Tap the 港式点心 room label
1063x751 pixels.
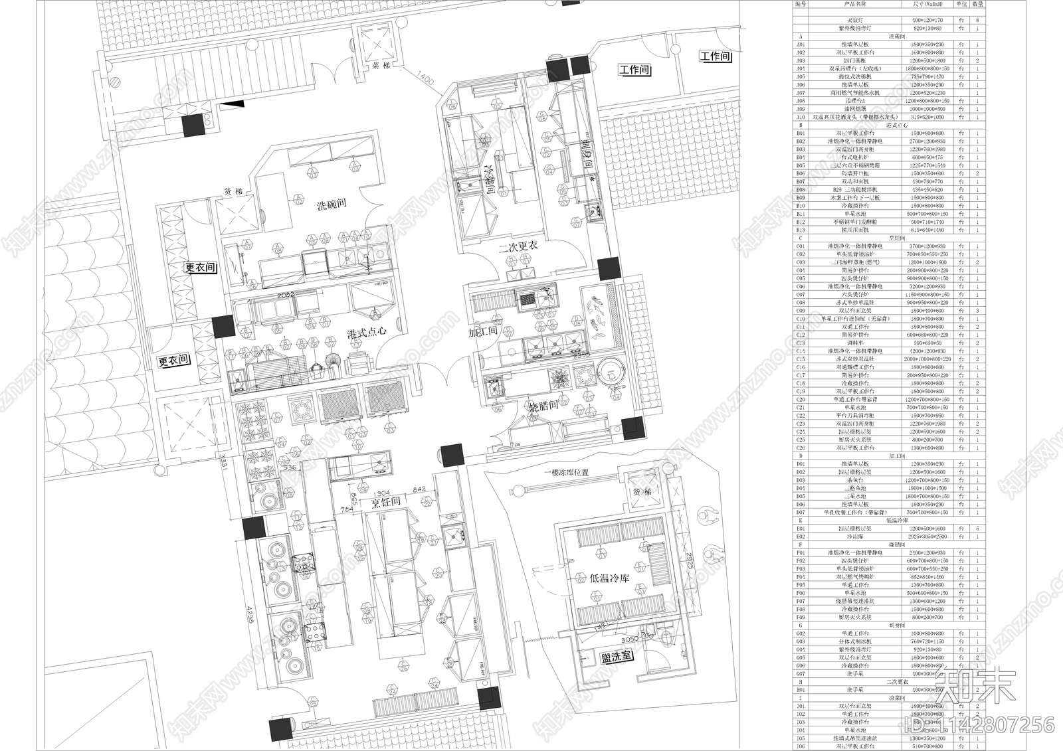click(x=367, y=331)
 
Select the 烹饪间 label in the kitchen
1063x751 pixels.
click(x=385, y=502)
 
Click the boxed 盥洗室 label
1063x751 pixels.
click(x=617, y=657)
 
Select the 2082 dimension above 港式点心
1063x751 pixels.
click(x=286, y=293)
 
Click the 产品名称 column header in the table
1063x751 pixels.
click(x=854, y=4)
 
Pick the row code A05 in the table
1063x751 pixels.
click(x=801, y=76)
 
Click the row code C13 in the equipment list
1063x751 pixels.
click(x=801, y=343)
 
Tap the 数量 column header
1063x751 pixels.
click(x=978, y=4)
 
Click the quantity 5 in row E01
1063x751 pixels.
click(x=978, y=528)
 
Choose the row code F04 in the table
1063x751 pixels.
click(x=801, y=576)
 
